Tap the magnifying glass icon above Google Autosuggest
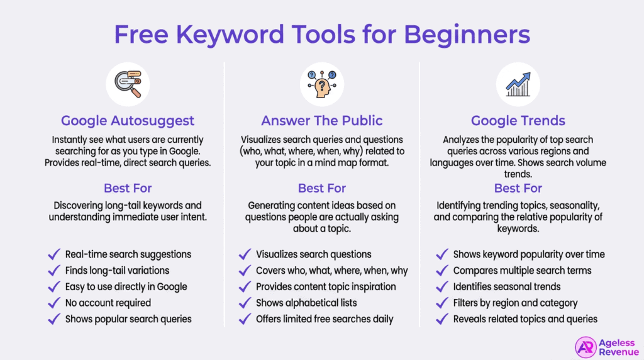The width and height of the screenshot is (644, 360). tap(128, 86)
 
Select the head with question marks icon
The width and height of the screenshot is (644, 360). tap(321, 86)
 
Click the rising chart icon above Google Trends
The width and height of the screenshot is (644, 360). tap(518, 86)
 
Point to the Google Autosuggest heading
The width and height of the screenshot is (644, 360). tap(128, 121)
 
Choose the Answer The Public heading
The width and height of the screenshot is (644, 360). tap(322, 121)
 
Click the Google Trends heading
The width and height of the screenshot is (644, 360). tap(518, 121)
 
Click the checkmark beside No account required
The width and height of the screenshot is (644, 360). tap(53, 303)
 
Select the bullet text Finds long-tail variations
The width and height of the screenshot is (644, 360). tap(118, 271)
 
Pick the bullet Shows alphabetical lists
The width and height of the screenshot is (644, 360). tap(307, 303)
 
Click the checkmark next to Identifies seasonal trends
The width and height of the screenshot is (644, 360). tap(441, 287)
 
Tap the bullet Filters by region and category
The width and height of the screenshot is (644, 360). tap(515, 303)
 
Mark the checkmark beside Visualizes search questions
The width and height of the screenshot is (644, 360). tap(245, 255)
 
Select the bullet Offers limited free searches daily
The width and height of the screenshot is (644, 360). tap(325, 319)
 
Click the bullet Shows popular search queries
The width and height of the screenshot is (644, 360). tap(128, 319)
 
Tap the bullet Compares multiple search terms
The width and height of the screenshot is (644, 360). tap(522, 271)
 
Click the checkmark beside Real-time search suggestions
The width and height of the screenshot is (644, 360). tap(53, 255)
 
